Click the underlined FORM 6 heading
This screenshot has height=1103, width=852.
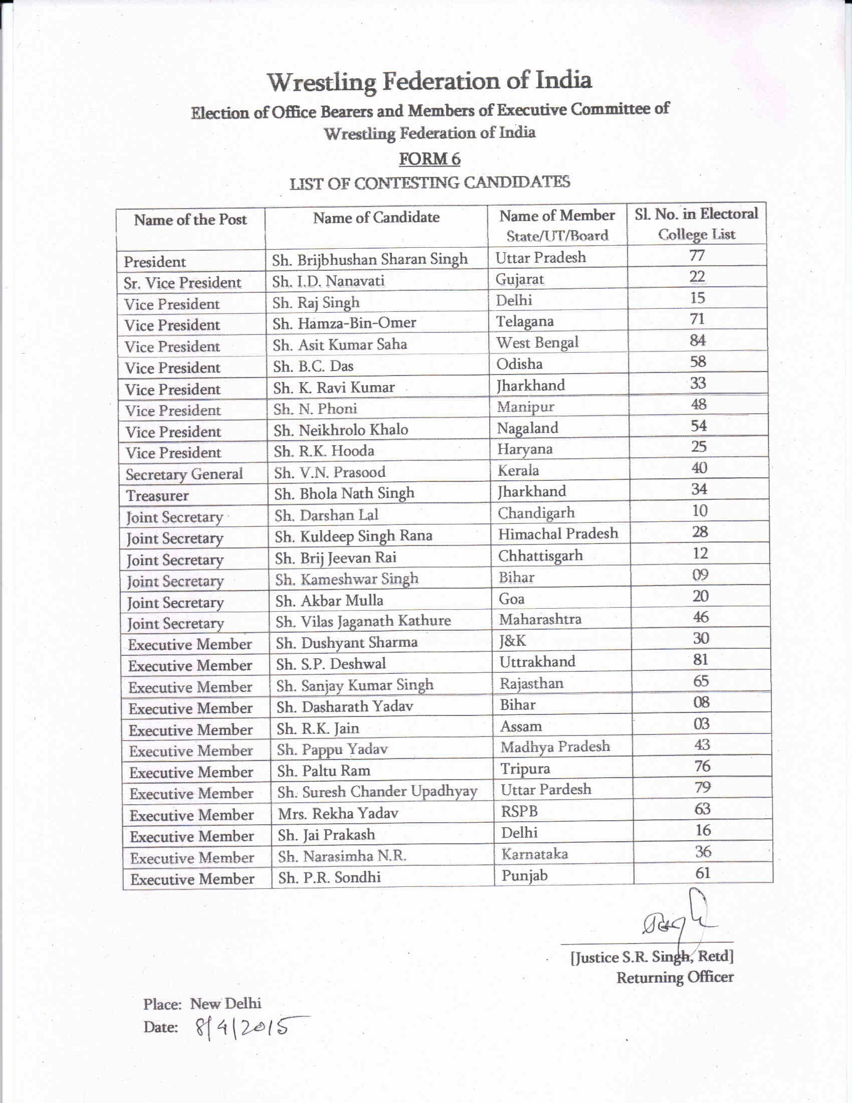click(x=430, y=159)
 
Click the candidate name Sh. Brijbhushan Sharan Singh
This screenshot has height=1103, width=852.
click(x=370, y=260)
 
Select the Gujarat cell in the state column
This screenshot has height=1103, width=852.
click(x=519, y=279)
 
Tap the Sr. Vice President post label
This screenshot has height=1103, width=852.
click(x=182, y=283)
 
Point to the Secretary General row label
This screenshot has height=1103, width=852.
click(x=184, y=474)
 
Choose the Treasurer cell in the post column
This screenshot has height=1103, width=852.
click(x=157, y=496)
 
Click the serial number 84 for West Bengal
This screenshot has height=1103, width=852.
click(x=698, y=341)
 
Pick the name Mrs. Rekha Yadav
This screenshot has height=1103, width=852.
click(x=338, y=813)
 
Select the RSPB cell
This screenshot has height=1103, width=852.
click(x=519, y=811)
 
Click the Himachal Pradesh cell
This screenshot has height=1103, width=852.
click(x=558, y=534)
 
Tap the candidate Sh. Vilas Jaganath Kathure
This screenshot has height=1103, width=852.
click(x=363, y=621)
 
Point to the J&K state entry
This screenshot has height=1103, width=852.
click(x=512, y=641)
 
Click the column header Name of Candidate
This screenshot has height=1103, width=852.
click(x=376, y=218)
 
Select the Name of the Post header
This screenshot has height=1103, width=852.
click(x=190, y=220)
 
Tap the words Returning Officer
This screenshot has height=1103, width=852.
click(x=675, y=978)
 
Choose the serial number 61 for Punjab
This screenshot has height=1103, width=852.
click(x=703, y=873)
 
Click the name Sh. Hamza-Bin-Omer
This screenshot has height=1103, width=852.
click(x=344, y=323)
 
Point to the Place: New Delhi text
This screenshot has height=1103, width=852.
click(x=202, y=1004)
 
